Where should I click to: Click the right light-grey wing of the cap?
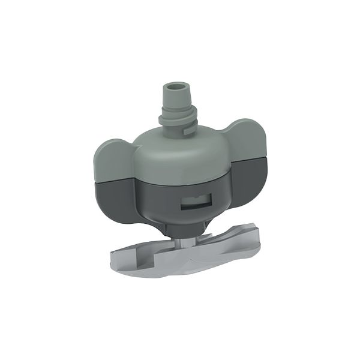(x=247, y=141)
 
